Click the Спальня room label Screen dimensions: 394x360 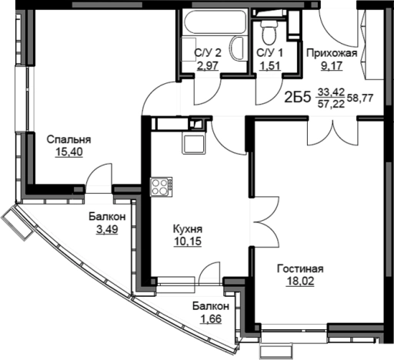click(x=68, y=140)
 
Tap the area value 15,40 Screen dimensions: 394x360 click(x=69, y=152)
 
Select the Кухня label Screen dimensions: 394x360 click(x=188, y=229)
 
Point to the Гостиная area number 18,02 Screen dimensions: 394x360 click(x=300, y=282)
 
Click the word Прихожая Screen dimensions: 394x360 click(x=332, y=53)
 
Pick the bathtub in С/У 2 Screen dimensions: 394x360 click(x=215, y=22)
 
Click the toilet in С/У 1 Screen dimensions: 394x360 click(x=269, y=32)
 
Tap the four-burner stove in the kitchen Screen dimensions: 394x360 click(x=161, y=187)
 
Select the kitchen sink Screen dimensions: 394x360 click(x=194, y=144)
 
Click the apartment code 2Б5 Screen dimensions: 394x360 click(x=298, y=98)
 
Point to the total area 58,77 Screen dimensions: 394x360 click(x=360, y=98)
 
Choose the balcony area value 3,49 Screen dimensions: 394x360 click(x=107, y=229)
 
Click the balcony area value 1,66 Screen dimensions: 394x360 click(x=210, y=319)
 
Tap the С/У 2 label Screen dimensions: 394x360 click(x=208, y=53)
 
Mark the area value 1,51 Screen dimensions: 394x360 click(x=270, y=65)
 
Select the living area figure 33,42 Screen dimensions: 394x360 click(x=331, y=92)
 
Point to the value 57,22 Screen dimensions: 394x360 click(x=331, y=104)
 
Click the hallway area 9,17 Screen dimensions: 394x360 click(x=332, y=66)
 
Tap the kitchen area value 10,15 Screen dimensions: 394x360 click(x=188, y=242)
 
